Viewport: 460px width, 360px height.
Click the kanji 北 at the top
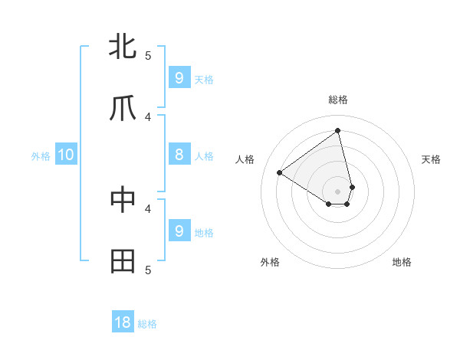[123, 47]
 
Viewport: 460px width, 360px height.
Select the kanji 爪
[123, 109]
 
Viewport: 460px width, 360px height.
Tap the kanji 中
[123, 199]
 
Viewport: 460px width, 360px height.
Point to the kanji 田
[123, 261]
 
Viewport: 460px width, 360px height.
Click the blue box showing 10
[66, 155]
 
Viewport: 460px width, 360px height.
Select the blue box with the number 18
[123, 322]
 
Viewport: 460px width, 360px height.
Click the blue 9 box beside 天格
[179, 78]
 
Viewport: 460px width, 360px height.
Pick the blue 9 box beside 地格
[179, 231]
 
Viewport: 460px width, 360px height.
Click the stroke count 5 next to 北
[149, 55]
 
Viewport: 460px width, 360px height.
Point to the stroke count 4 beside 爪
[149, 117]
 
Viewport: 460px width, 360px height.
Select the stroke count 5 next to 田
[149, 270]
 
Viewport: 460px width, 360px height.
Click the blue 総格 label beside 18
[147, 324]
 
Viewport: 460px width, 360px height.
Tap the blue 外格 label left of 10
[41, 156]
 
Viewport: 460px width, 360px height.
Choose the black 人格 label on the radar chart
[245, 159]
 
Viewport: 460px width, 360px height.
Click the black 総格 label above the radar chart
[338, 100]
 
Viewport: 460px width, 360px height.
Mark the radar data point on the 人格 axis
[280, 172]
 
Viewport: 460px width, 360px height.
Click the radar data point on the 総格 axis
[338, 130]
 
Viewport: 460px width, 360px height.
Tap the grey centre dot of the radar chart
[338, 191]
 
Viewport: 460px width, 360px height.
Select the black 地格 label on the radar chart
[402, 262]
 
